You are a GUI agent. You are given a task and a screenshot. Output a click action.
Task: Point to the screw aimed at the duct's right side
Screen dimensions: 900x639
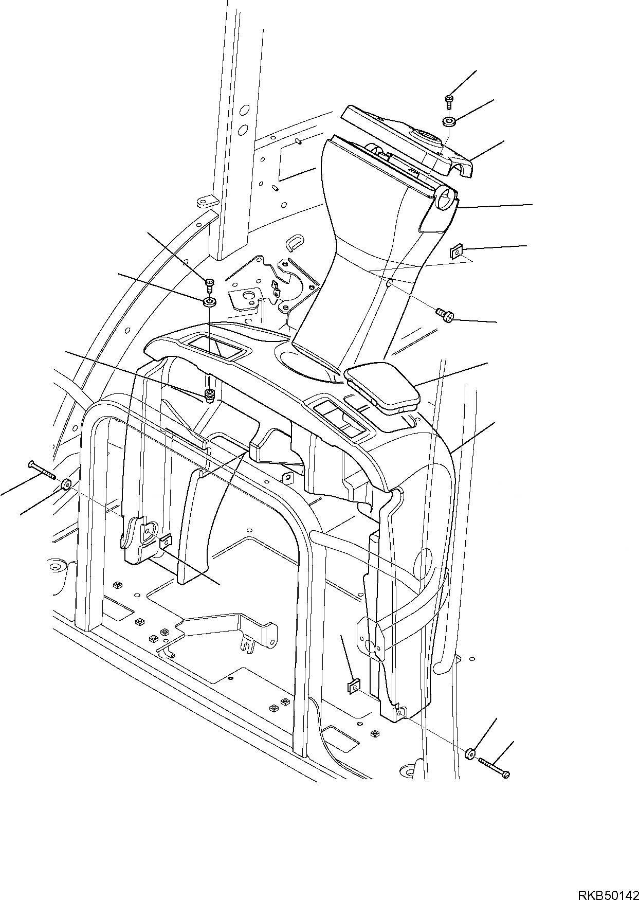[443, 314]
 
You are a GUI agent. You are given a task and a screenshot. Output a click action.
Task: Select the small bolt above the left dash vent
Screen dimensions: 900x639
[209, 283]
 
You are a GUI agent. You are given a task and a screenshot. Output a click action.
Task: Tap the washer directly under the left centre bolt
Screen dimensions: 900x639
[209, 302]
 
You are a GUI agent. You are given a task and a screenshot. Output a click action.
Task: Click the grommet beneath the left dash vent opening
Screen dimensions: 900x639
[209, 395]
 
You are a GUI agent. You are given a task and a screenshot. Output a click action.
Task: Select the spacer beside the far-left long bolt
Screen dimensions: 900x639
[66, 484]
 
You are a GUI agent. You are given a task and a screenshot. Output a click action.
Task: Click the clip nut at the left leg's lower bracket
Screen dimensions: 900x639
[166, 541]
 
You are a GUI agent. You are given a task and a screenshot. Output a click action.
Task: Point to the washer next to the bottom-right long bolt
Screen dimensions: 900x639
[470, 754]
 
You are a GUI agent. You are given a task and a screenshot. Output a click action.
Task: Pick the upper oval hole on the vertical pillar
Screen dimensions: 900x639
[244, 110]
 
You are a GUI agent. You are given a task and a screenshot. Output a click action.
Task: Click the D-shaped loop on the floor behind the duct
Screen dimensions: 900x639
[295, 241]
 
